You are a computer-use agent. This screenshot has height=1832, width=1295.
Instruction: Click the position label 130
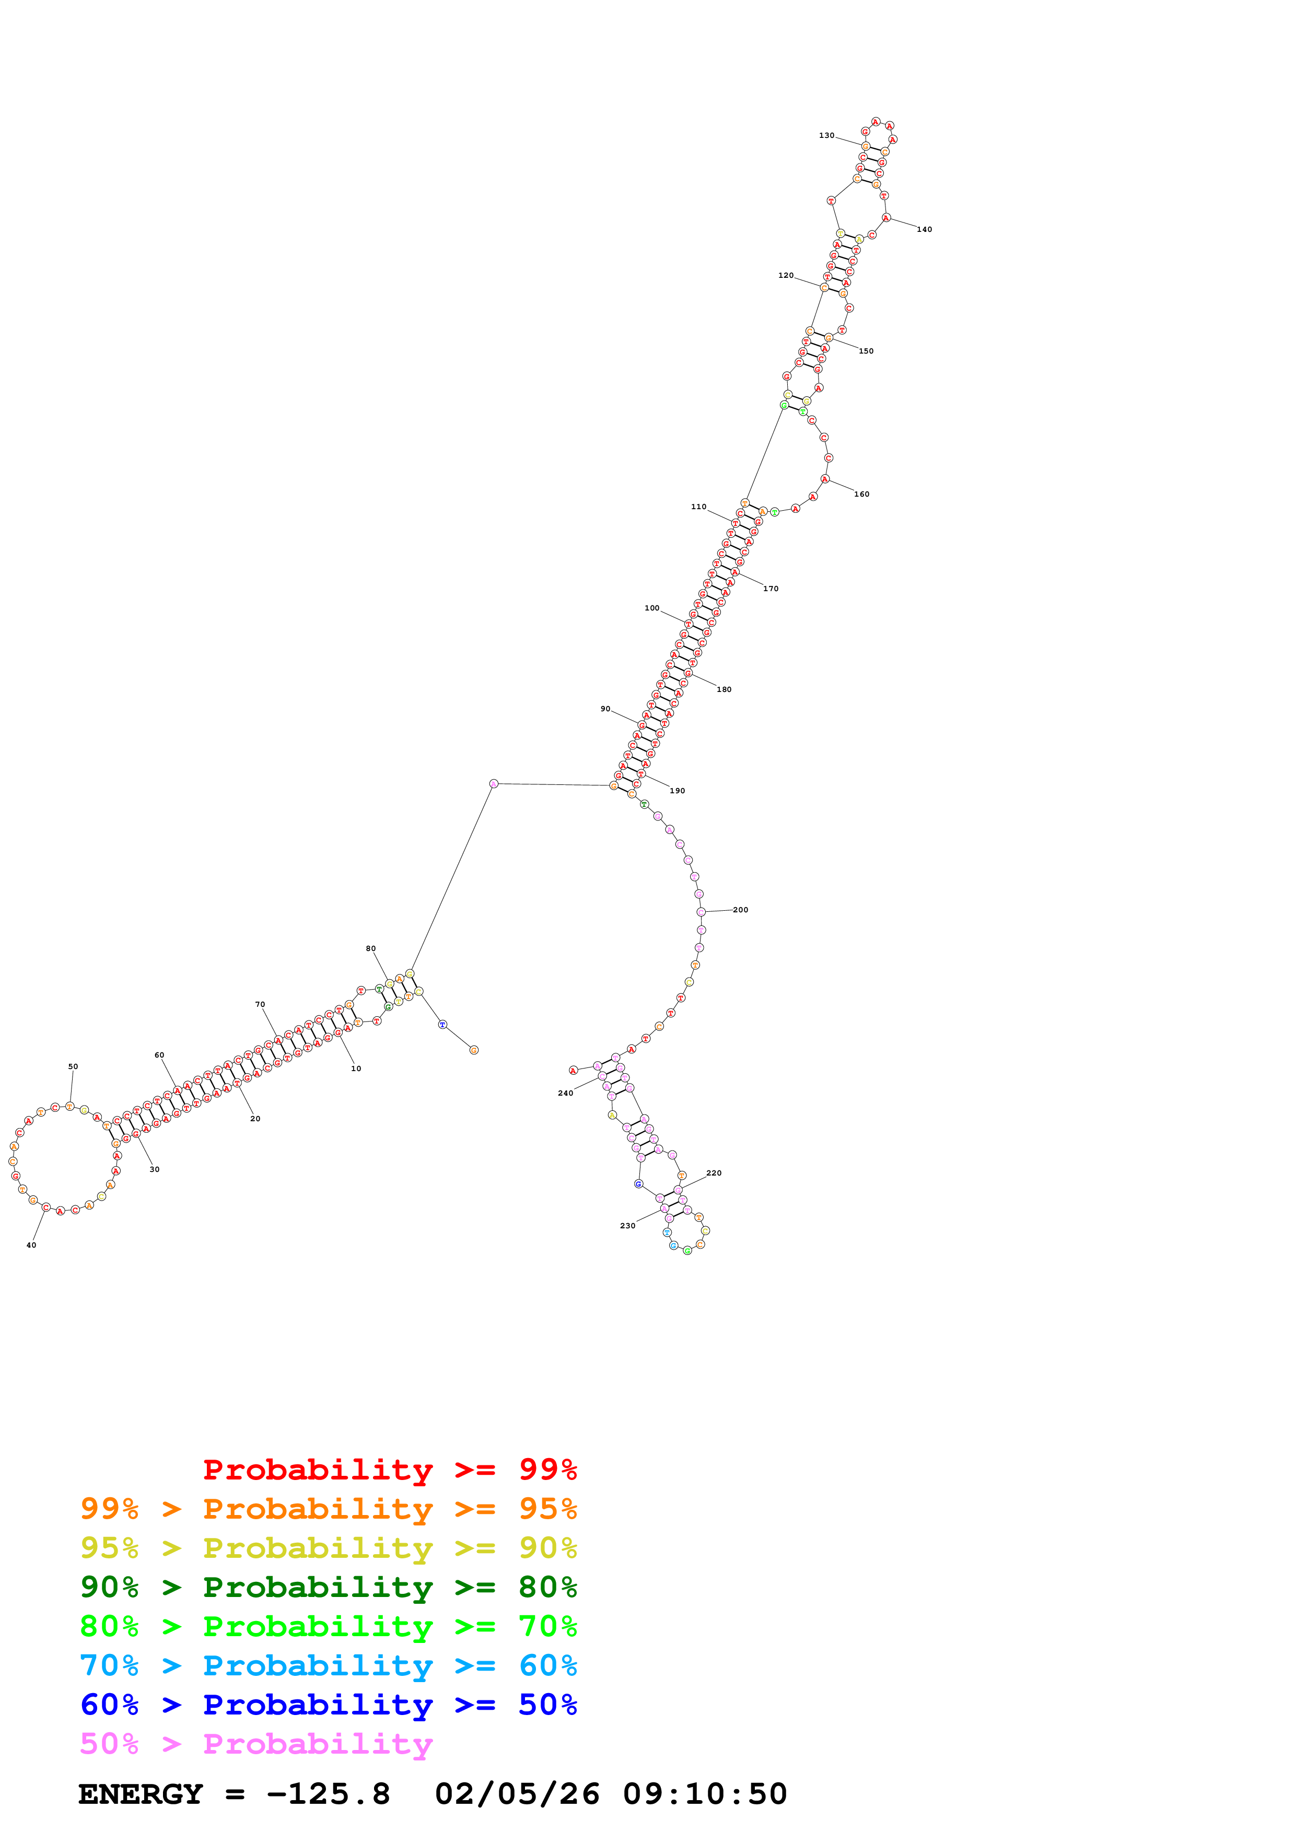(826, 136)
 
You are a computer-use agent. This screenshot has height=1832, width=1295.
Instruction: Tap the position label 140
(924, 230)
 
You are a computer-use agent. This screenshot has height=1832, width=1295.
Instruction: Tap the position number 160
(862, 494)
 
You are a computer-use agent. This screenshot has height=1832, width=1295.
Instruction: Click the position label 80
(370, 949)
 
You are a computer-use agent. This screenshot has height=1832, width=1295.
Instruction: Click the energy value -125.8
(328, 1794)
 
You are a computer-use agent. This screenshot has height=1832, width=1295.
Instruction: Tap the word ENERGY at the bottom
(141, 1794)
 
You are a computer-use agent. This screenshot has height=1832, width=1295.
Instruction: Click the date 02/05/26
(517, 1794)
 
